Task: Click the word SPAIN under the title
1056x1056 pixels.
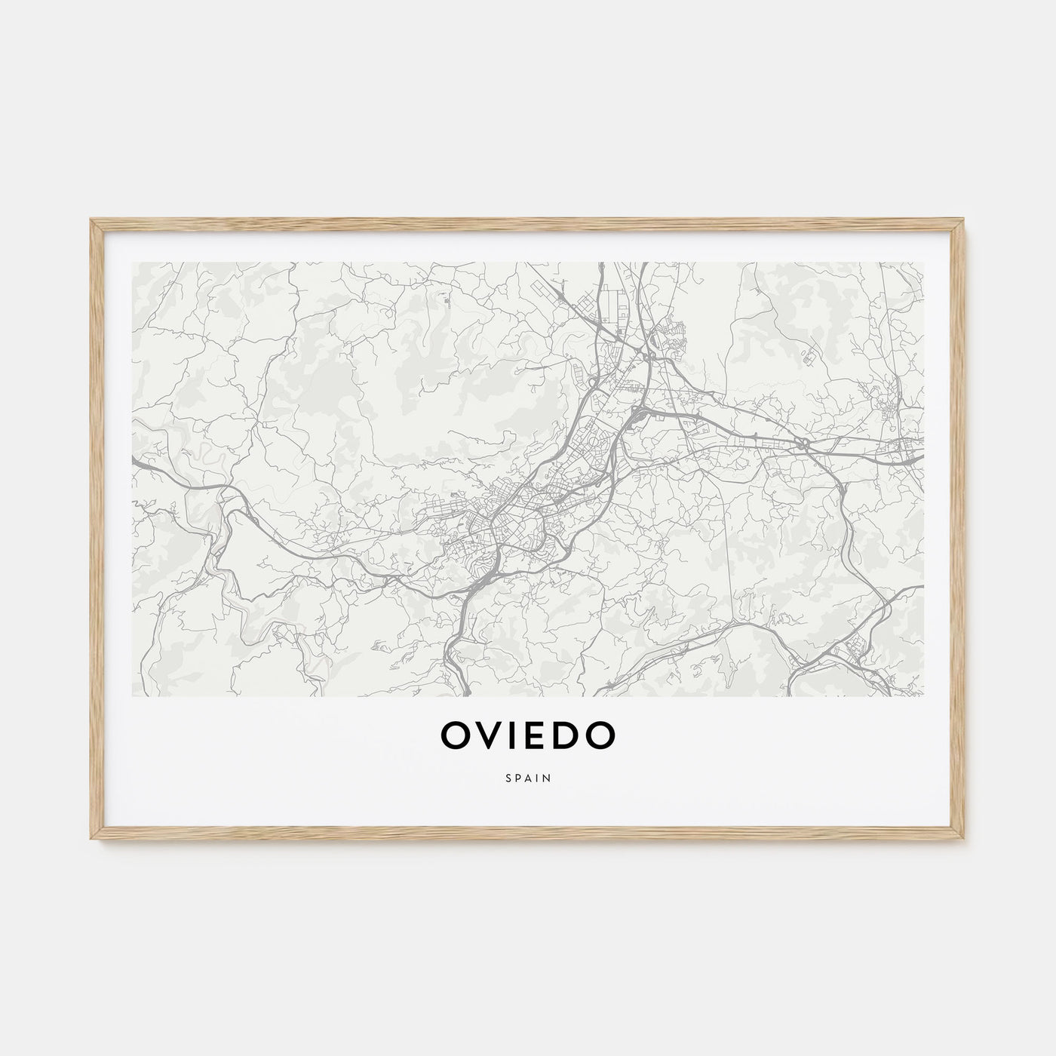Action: pos(528,778)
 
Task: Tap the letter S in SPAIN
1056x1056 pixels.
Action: pos(508,778)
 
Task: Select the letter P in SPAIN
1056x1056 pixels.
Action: pos(518,778)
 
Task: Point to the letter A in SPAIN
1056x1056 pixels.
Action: pos(529,778)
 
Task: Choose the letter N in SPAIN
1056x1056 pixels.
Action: pos(547,778)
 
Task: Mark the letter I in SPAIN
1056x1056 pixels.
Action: pos(537,778)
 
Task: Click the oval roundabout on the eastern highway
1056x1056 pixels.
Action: pos(805,442)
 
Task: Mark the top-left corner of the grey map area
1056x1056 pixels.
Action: pos(133,262)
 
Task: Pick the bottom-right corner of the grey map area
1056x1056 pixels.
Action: pos(923,695)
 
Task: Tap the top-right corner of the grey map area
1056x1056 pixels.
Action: pos(923,262)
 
